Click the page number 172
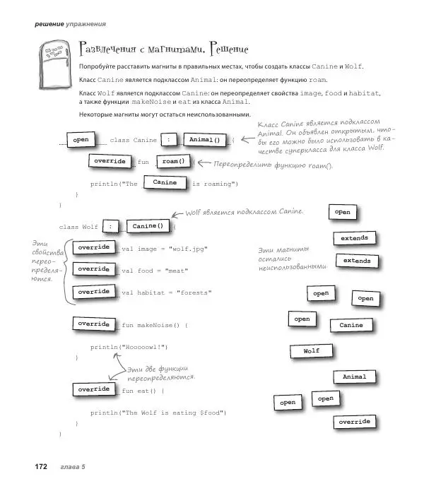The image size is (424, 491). coord(37,467)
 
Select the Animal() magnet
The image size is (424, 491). coord(205,139)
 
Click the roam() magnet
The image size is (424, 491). coord(173,161)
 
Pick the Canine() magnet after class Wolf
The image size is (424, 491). coord(149,226)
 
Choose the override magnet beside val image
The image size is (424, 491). coord(93,247)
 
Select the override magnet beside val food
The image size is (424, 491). coord(93,269)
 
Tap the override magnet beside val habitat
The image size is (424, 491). coord(93,291)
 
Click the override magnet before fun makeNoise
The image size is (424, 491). coord(93,324)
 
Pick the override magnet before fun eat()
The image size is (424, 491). coord(93,389)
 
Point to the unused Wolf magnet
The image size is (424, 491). coord(312,351)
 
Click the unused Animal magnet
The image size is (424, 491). coord(354,377)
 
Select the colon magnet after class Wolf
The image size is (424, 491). coord(110,226)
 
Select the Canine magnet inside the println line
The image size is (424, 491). coord(165,183)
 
